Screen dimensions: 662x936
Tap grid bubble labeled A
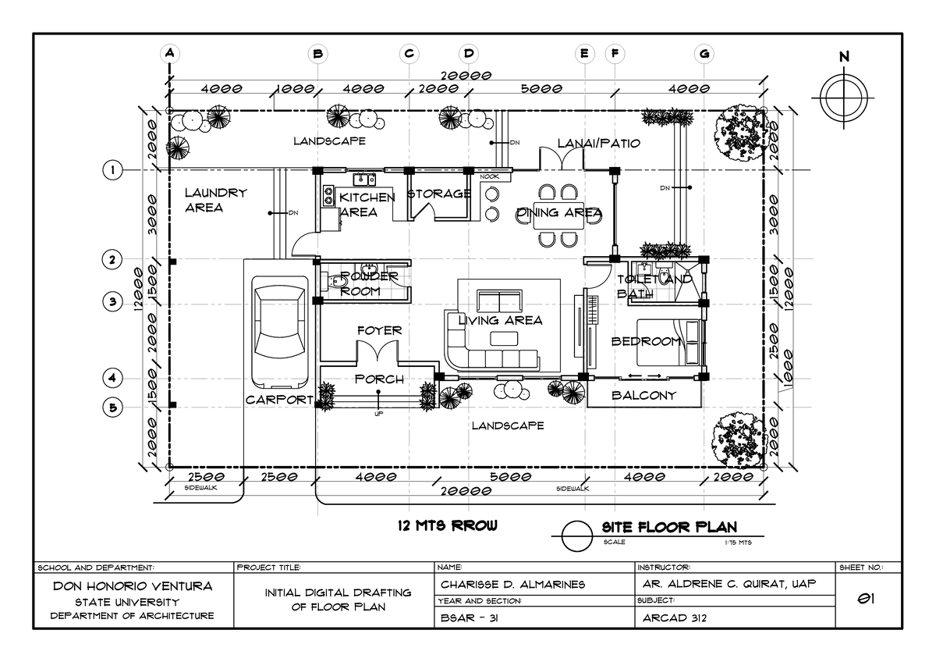pyautogui.click(x=168, y=54)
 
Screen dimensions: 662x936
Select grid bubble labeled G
pyautogui.click(x=704, y=54)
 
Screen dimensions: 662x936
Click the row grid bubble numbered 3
pyautogui.click(x=113, y=301)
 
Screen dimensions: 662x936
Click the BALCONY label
pyautogui.click(x=643, y=396)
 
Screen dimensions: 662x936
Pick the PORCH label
pyautogui.click(x=379, y=379)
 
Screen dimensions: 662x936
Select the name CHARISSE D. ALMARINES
pyautogui.click(x=512, y=585)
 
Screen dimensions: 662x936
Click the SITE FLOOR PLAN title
pyautogui.click(x=668, y=527)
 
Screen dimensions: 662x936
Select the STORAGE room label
pyautogui.click(x=438, y=194)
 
